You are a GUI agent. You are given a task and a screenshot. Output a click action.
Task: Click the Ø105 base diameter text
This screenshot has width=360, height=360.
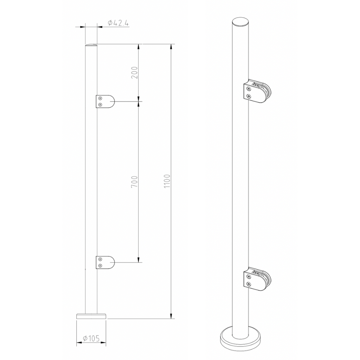91,338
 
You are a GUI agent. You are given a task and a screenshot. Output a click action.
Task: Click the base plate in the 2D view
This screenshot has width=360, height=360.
91,316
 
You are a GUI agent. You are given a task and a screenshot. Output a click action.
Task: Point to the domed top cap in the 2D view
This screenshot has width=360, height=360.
91,45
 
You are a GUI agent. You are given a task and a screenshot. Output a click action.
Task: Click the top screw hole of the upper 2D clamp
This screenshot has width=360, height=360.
100,98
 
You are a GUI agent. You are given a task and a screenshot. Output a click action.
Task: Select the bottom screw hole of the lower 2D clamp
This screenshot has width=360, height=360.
100,266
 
